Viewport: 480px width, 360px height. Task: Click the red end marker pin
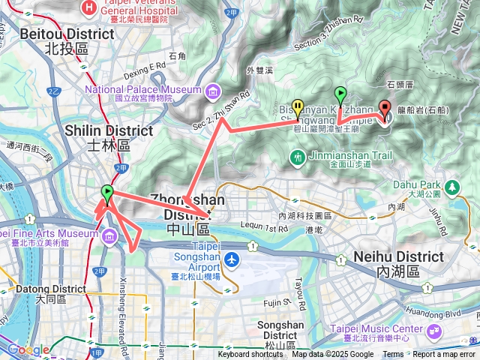pyautogui.click(x=385, y=109)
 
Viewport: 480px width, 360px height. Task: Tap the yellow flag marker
pyautogui.click(x=298, y=108)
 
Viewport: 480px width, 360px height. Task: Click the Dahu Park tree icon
pyautogui.click(x=452, y=186)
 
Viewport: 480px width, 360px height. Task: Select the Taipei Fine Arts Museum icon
pyautogui.click(x=109, y=238)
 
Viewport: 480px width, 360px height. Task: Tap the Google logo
pyautogui.click(x=27, y=349)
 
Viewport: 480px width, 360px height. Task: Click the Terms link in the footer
pyautogui.click(x=393, y=355)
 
